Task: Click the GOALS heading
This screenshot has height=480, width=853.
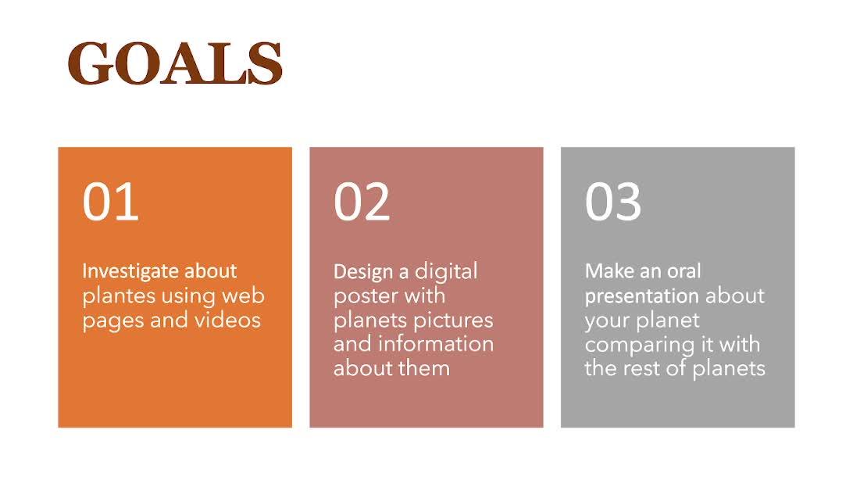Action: tap(175, 63)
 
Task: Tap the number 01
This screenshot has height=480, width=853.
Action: tap(110, 202)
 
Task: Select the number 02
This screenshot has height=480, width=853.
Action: tap(362, 202)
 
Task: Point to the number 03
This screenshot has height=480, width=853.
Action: tap(613, 202)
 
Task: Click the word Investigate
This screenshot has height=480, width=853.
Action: tap(130, 271)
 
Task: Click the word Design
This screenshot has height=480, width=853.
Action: tap(364, 272)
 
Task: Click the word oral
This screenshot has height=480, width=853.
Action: tap(684, 271)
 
